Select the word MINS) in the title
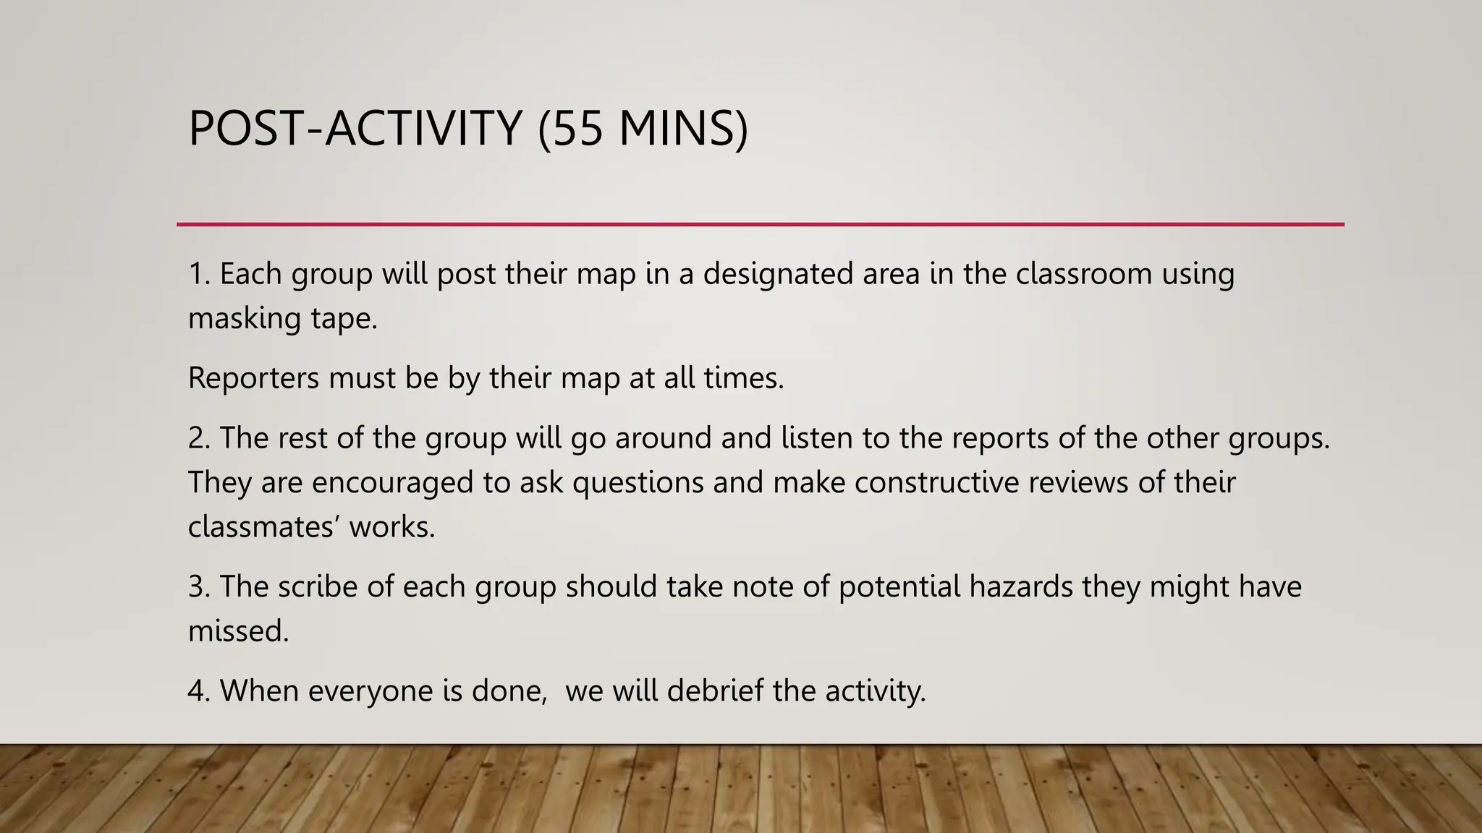(x=683, y=128)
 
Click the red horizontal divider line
(x=760, y=224)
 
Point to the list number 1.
(x=197, y=274)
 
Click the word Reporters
(x=253, y=378)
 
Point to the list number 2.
(x=198, y=438)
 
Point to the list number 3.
(x=198, y=586)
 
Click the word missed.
(x=238, y=631)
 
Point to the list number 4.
(x=198, y=691)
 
